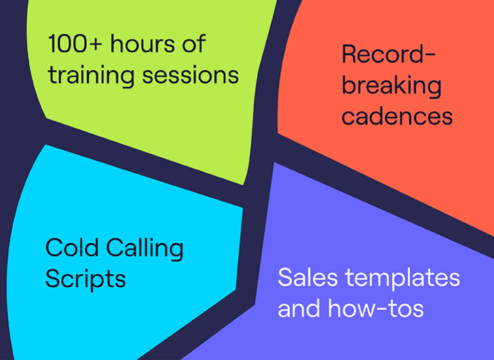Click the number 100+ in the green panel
[75, 43]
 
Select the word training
[91, 75]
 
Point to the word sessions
[190, 75]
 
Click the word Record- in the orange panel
[389, 54]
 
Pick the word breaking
[392, 86]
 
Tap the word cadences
[397, 115]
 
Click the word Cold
[72, 247]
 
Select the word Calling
[145, 249]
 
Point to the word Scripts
[85, 279]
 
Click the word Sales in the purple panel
[308, 277]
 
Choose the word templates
[402, 278]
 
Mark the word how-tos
[375, 308]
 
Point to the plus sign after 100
[95, 44]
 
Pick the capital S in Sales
[284, 277]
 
